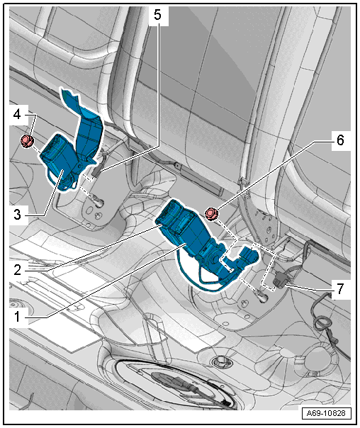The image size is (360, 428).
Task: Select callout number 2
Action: (x=17, y=270)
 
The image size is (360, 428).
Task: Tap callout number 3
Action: (x=17, y=214)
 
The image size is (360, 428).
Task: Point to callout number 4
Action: (x=17, y=114)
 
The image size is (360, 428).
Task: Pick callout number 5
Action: (x=157, y=15)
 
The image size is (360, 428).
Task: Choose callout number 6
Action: (x=340, y=140)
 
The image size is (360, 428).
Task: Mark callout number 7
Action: (x=339, y=289)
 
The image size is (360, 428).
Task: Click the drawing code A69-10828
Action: (x=326, y=413)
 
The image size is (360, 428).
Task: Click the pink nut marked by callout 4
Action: (x=28, y=141)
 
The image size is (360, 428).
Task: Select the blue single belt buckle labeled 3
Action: (x=58, y=161)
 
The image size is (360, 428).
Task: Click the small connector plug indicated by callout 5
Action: (x=96, y=171)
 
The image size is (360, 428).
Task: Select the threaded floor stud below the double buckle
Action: (x=261, y=296)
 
